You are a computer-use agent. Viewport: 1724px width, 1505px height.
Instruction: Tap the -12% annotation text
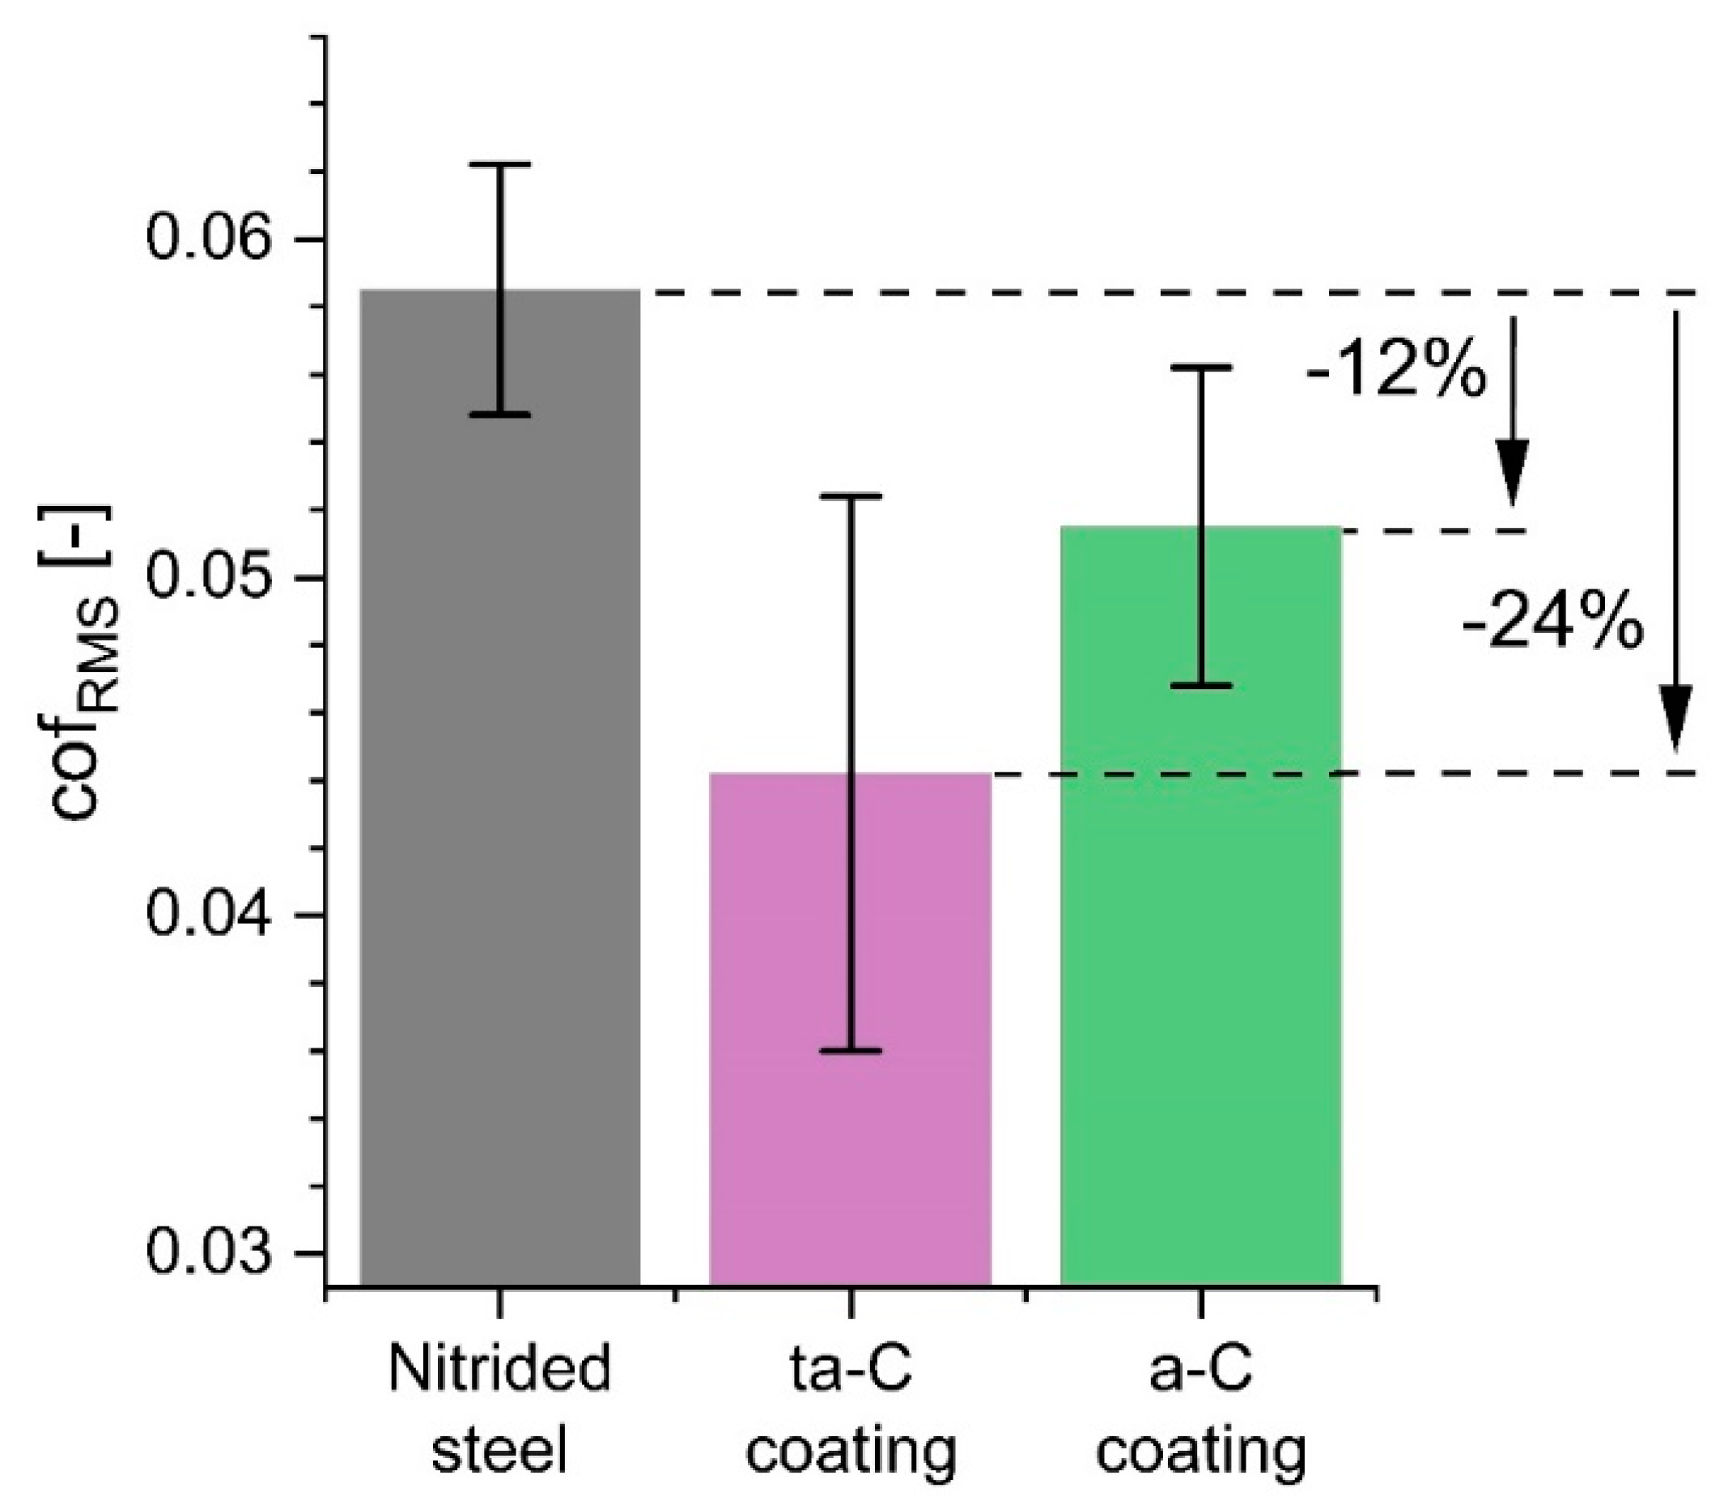[1395, 370]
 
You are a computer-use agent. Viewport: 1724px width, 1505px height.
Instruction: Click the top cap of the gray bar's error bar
[499, 164]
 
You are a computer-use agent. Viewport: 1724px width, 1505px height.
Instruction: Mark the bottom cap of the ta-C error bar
[850, 1051]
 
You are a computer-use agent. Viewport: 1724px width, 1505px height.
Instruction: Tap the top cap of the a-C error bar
[1201, 368]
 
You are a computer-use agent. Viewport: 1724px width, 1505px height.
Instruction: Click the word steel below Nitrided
[499, 1450]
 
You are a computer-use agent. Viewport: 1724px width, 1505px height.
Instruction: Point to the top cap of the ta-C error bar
[850, 496]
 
